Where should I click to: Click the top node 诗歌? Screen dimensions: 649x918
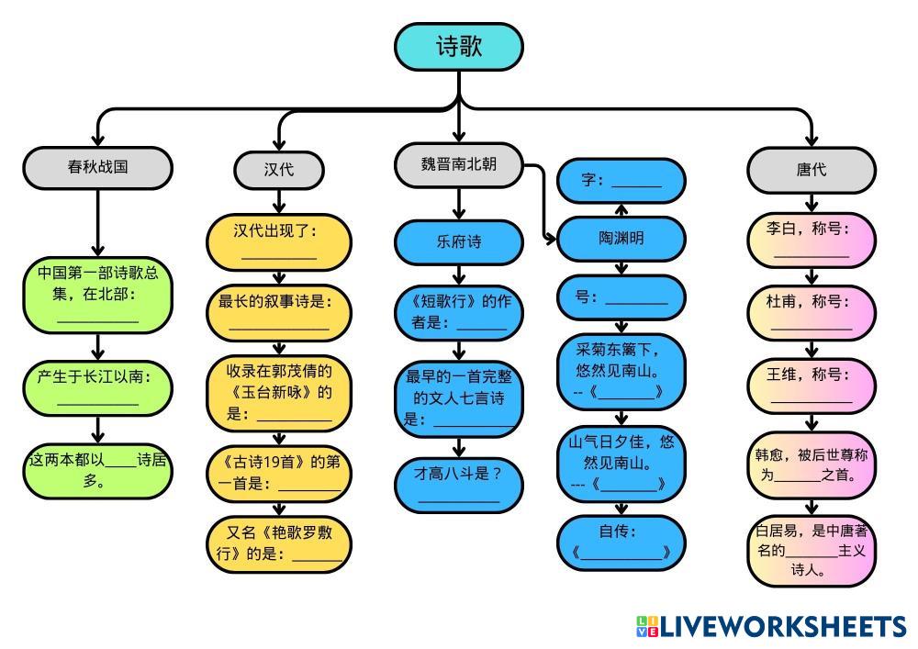point(458,47)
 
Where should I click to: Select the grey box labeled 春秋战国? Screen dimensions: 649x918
point(97,167)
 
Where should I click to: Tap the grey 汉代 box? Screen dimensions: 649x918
point(279,169)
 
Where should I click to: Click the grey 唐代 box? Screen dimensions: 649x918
point(811,169)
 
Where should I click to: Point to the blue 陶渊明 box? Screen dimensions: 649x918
point(621,239)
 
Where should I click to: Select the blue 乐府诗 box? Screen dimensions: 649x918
point(458,242)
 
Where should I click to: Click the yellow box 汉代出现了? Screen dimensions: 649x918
point(279,241)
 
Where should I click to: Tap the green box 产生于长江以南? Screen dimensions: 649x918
point(97,387)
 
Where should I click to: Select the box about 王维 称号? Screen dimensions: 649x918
point(811,386)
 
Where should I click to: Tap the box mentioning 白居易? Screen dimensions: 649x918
point(811,550)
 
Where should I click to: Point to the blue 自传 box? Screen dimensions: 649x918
point(621,542)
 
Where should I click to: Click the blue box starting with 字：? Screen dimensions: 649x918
point(621,181)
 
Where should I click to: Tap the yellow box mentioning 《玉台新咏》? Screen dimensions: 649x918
point(279,393)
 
